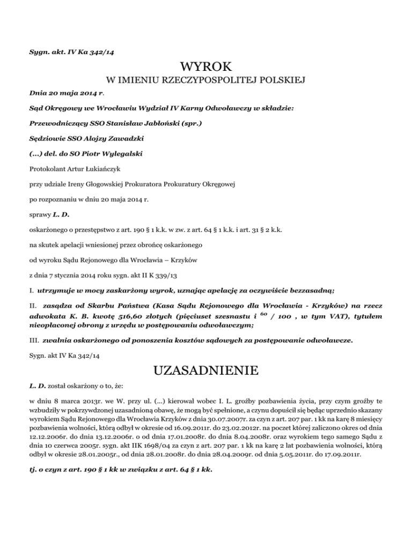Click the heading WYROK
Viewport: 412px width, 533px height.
click(206, 68)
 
